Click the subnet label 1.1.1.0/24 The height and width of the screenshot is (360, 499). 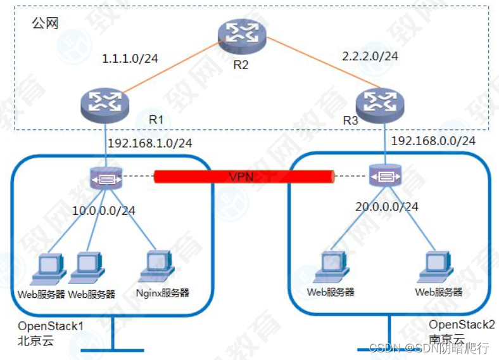click(130, 59)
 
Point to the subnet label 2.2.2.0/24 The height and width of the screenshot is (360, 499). click(370, 56)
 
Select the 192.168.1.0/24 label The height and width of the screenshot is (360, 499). click(150, 143)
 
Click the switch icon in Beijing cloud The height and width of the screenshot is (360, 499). click(106, 179)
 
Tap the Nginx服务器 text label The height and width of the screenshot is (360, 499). click(163, 293)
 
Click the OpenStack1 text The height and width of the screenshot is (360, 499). click(51, 326)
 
